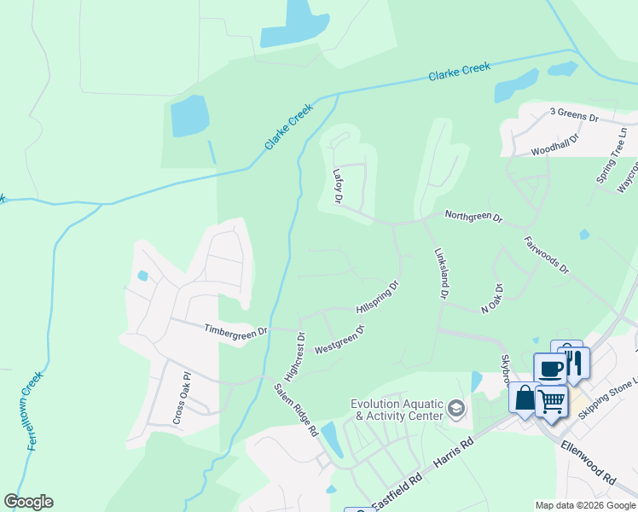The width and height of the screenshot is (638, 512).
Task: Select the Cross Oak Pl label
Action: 179,398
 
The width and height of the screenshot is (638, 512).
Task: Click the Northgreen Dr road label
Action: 473,217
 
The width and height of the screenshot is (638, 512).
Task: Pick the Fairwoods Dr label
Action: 547,253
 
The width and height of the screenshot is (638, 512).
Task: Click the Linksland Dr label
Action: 441,273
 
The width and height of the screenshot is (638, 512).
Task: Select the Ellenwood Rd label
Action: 588,463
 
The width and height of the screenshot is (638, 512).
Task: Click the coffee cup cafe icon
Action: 550,369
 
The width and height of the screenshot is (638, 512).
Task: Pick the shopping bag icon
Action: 524,398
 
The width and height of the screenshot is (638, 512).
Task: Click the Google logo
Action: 28,502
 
